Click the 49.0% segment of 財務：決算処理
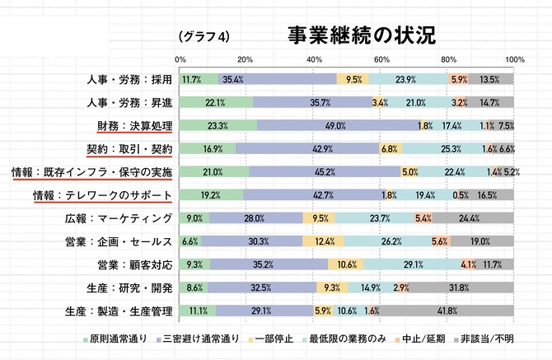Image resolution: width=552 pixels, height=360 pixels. coord(335,126)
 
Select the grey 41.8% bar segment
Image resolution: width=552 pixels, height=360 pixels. coord(447,311)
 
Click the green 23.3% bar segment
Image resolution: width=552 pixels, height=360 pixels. coord(218,126)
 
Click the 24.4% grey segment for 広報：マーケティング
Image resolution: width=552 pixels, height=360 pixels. coord(473,218)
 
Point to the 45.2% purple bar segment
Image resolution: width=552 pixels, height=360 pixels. coord(325,172)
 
